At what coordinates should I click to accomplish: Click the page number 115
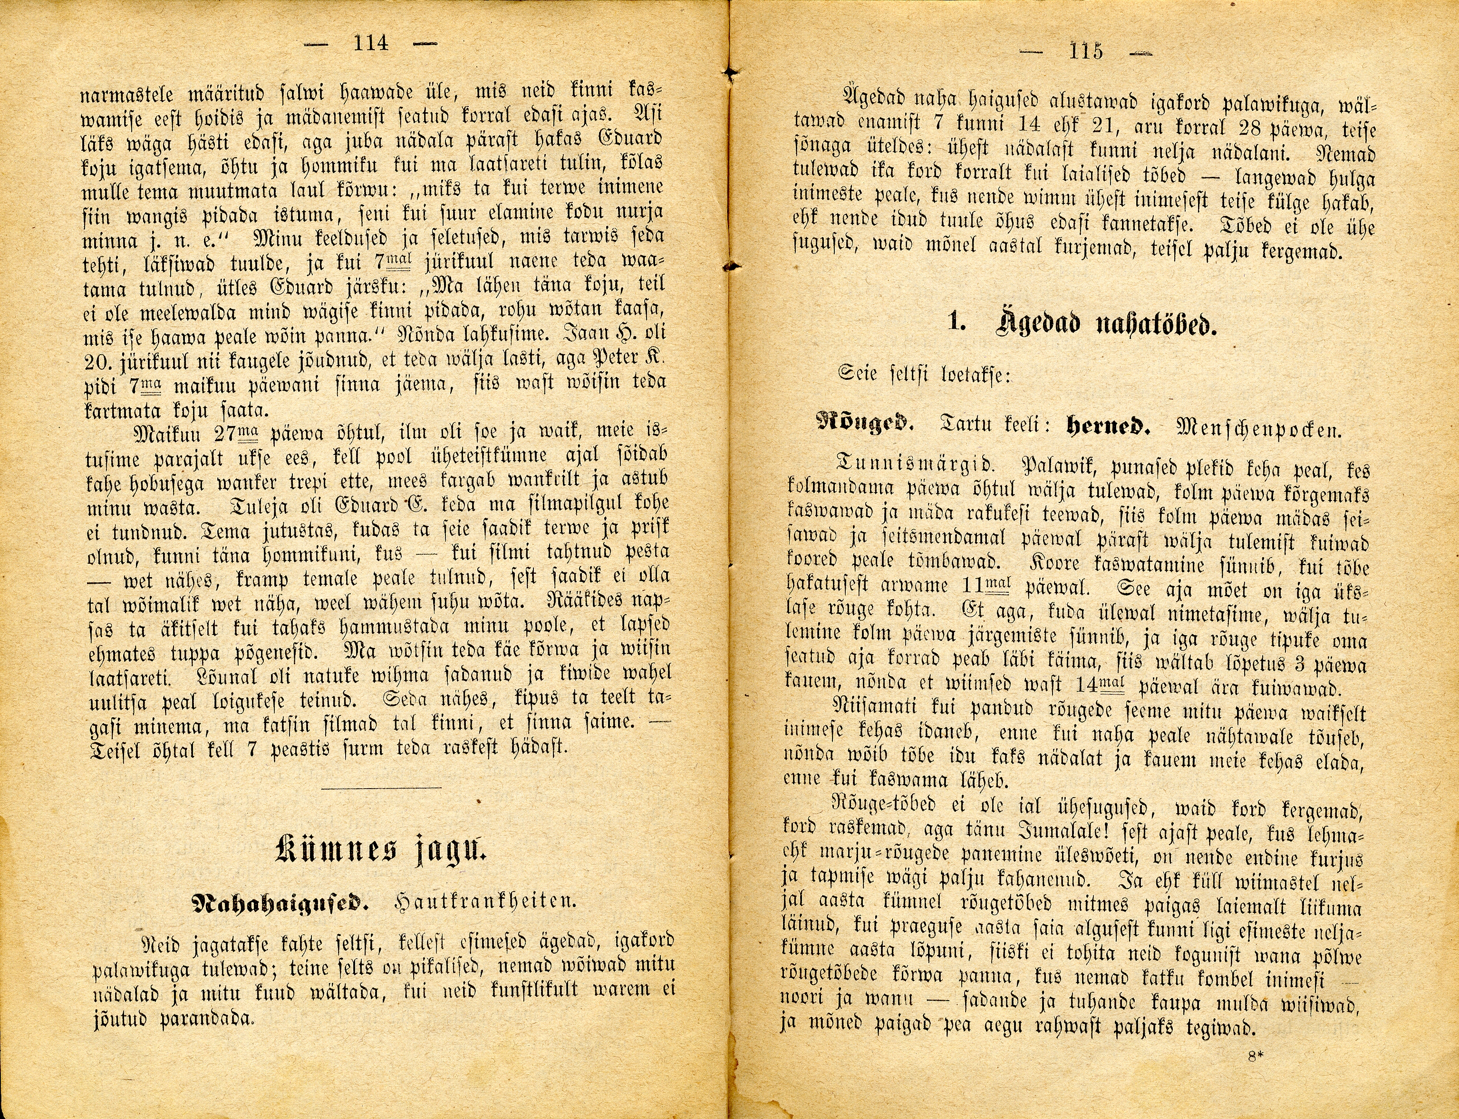pos(1085,51)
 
